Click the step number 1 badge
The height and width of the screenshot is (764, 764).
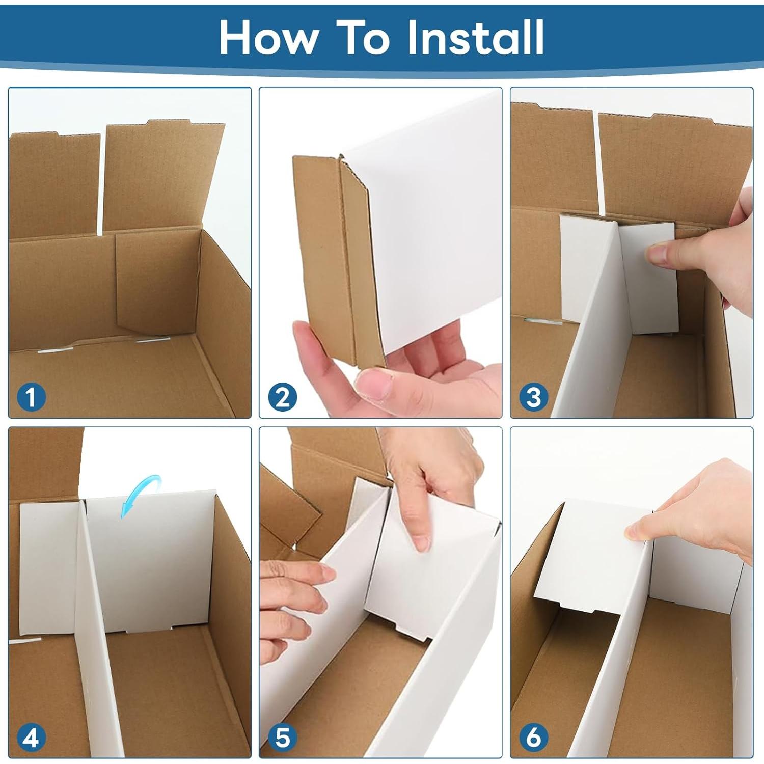31,397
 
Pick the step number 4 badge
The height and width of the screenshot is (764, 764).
31,737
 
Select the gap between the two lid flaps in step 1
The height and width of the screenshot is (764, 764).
102,183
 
